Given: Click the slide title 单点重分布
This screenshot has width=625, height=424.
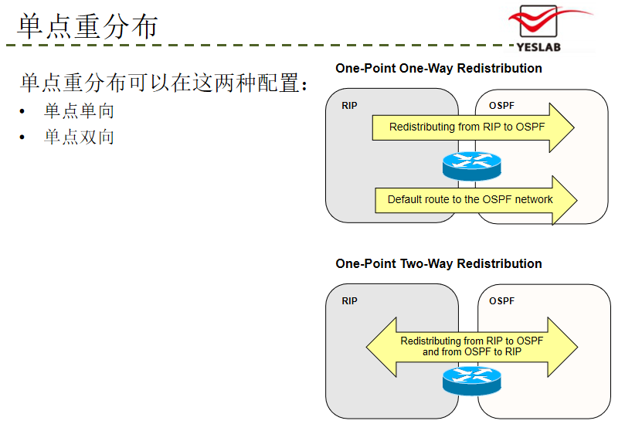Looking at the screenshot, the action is [x=88, y=26].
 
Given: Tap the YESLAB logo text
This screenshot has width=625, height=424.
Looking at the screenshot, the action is [x=538, y=47].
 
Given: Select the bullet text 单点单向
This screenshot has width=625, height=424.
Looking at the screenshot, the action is [x=79, y=110].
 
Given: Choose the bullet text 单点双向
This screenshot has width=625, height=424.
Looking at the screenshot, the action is [x=79, y=137].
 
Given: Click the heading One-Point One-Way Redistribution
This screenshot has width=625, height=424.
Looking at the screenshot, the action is [x=439, y=68].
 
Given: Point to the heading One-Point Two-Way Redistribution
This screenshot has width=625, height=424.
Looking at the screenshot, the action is [x=439, y=263].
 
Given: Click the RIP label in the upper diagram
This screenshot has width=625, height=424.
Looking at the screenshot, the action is [x=349, y=106].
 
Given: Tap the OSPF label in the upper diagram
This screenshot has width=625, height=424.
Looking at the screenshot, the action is [x=501, y=106].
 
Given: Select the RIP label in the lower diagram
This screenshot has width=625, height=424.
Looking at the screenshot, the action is [x=349, y=301].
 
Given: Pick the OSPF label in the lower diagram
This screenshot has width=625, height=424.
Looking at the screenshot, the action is [x=501, y=301].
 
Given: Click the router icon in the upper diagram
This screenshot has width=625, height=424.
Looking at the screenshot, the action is [x=471, y=166].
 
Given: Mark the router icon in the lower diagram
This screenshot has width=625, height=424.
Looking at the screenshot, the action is [x=471, y=381].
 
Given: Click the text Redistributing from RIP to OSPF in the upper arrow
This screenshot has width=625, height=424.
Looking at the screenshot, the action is [x=467, y=127].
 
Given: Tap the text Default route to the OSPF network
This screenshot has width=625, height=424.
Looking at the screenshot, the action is [x=470, y=199].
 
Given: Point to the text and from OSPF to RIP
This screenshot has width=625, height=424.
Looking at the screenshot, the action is [x=472, y=352].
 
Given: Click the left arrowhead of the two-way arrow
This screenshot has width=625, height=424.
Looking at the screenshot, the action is [x=381, y=347].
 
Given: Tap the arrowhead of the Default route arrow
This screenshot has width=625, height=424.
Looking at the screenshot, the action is [x=565, y=201].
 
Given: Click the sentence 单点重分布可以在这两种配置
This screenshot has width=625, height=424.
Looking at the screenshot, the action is [x=159, y=83].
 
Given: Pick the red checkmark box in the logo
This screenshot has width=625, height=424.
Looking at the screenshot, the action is [x=538, y=22].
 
